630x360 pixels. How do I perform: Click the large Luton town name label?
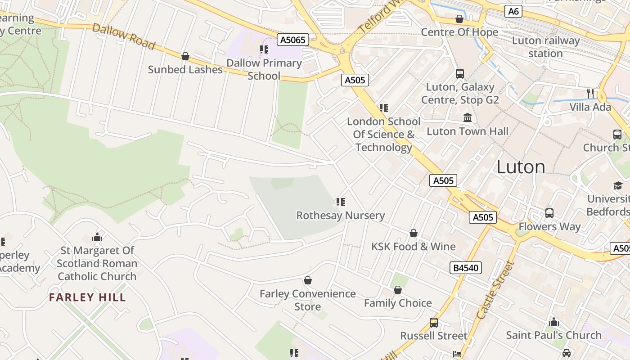click(x=521, y=167)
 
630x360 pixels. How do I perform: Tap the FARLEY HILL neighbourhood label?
click(x=87, y=297)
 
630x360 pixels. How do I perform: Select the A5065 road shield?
click(x=292, y=40)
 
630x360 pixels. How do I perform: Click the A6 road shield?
click(x=513, y=11)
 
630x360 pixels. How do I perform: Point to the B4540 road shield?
click(x=466, y=268)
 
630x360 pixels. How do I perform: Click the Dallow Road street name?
click(x=123, y=36)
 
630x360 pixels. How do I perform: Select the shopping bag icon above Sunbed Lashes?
click(x=185, y=56)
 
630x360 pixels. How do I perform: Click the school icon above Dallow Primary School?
click(x=264, y=49)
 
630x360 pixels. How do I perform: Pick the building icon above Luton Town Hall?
click(x=468, y=118)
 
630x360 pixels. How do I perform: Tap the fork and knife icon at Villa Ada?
click(x=590, y=93)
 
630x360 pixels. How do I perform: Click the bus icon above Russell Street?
click(x=433, y=322)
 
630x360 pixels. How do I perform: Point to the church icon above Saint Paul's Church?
click(x=554, y=322)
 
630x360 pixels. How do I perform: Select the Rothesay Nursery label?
click(x=340, y=216)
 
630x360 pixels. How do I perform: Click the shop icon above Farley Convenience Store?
click(x=308, y=280)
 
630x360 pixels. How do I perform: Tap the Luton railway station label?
click(x=545, y=47)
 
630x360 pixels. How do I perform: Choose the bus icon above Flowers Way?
click(x=549, y=213)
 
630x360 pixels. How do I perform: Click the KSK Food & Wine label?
click(x=413, y=247)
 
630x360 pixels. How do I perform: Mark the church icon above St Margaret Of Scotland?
click(x=97, y=237)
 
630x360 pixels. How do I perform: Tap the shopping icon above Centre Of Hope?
click(x=459, y=19)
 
